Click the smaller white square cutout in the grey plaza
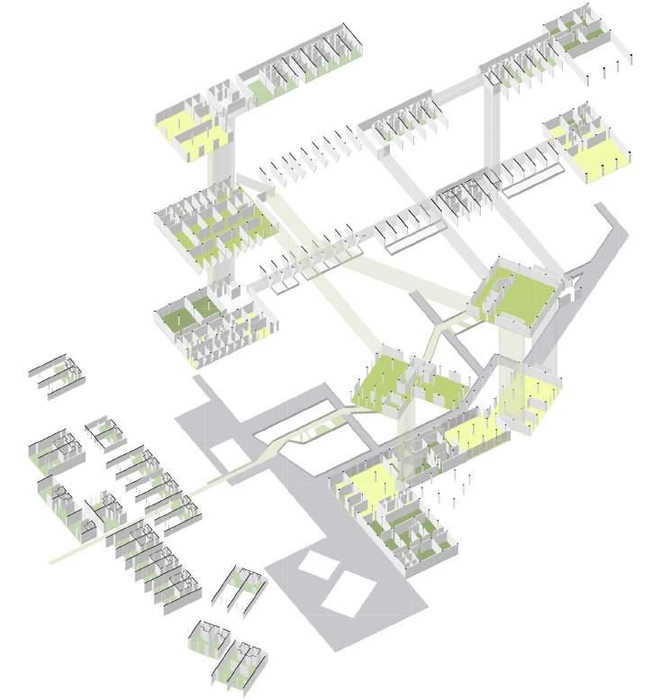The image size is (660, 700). click(315, 565)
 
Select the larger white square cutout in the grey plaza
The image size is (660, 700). click(348, 595)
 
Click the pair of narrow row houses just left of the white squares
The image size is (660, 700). click(239, 590)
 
